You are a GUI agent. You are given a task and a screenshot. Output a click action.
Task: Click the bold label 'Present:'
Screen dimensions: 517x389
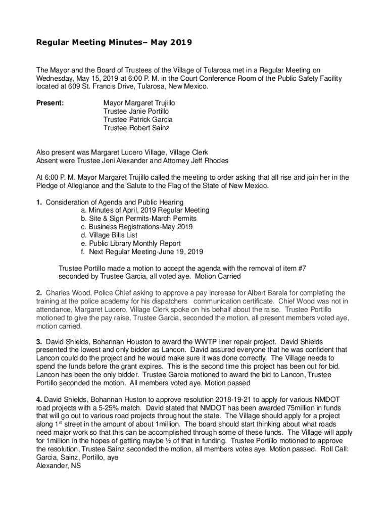coord(50,103)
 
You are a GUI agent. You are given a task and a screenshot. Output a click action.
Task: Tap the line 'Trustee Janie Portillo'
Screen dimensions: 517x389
coord(136,111)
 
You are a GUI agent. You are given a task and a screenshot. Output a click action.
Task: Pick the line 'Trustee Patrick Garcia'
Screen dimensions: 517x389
coord(138,120)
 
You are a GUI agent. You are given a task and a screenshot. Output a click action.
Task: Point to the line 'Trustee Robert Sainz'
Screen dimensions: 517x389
coord(136,128)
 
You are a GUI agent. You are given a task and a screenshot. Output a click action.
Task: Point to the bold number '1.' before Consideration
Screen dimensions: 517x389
coord(39,202)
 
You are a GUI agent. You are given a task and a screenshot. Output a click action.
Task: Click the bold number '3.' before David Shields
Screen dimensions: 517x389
coord(39,341)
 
